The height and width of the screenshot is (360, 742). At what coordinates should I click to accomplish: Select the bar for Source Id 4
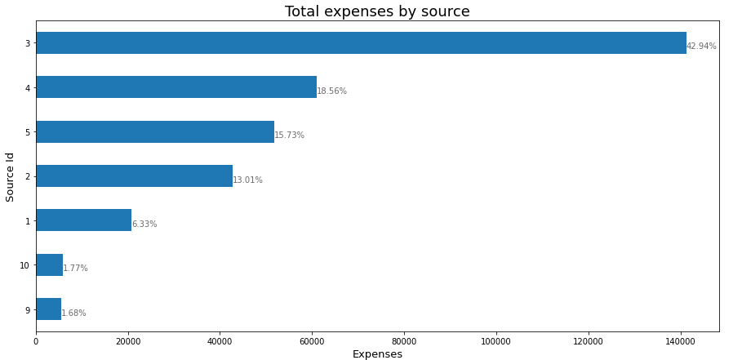tap(176, 87)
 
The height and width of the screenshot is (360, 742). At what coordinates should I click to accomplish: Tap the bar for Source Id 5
tap(155, 131)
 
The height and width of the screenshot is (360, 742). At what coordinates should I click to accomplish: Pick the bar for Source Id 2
tap(134, 176)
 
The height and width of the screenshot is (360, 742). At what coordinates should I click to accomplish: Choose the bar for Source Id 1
tap(83, 220)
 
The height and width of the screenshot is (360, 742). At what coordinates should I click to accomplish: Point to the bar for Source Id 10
tap(49, 264)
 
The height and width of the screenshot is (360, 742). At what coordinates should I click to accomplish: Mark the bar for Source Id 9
tap(48, 309)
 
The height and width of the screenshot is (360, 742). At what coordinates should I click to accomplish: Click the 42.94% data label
tap(701, 47)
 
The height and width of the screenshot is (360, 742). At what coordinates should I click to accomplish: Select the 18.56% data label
tap(331, 91)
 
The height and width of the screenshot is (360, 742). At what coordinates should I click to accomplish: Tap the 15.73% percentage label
tap(289, 136)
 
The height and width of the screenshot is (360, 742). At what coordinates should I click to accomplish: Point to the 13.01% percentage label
tap(247, 180)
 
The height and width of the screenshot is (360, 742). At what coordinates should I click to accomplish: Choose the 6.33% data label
tap(144, 224)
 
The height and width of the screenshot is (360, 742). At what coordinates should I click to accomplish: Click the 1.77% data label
tap(75, 269)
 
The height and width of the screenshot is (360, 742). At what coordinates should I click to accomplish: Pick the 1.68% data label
tap(73, 313)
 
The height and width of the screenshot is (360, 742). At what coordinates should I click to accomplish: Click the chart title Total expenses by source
tap(377, 11)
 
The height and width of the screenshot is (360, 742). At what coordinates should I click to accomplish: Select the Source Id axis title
tap(11, 176)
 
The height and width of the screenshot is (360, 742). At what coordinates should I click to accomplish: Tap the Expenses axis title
tap(377, 354)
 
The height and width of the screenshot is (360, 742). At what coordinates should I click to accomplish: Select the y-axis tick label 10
tap(24, 265)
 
